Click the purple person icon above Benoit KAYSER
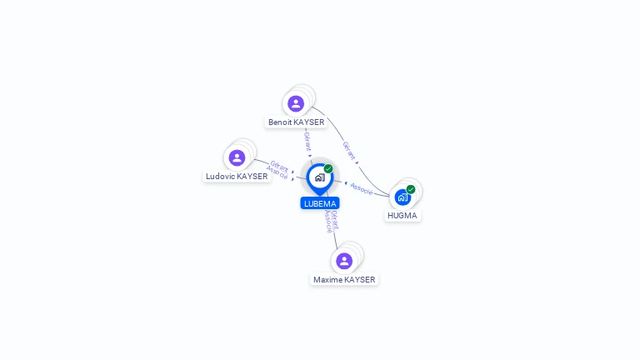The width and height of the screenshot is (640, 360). click(296, 103)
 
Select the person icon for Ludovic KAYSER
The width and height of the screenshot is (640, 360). click(237, 157)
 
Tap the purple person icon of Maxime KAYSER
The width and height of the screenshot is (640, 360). click(344, 261)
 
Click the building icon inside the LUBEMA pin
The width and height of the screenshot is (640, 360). click(320, 177)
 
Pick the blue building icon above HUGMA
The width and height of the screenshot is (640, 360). click(402, 197)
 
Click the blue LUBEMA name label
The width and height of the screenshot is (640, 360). click(320, 203)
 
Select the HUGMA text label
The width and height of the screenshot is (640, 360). click(402, 216)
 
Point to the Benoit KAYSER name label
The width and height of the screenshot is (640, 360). click(297, 122)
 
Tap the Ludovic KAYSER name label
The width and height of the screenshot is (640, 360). click(237, 177)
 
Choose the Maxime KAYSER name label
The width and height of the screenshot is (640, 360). click(344, 280)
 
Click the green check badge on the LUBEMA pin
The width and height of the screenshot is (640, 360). click(328, 168)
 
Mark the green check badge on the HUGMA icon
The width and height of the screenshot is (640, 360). click(411, 189)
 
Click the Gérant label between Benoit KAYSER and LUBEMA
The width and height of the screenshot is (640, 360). click(307, 142)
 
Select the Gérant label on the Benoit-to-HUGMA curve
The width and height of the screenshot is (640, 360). click(349, 151)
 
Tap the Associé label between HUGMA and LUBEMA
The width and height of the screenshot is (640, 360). click(361, 189)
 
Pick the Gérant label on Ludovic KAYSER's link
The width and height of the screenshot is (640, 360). click(280, 166)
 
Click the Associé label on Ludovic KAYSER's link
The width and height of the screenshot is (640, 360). click(277, 172)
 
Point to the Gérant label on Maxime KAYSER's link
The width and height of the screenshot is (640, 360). click(335, 220)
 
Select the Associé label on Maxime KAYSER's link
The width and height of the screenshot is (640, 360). click(328, 222)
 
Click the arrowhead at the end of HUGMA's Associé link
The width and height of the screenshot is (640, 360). click(346, 183)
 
